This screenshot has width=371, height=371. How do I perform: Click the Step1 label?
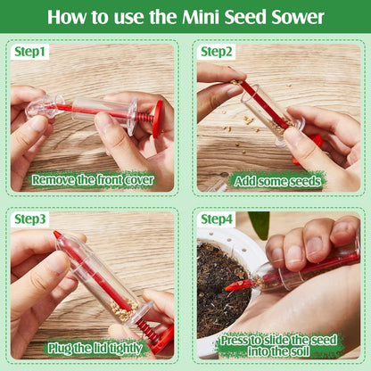pos(29,52)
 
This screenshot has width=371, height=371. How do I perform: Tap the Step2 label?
pos(217,52)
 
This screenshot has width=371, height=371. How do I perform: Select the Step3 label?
pos(29,219)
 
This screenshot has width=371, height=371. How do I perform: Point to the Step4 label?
pos(217,219)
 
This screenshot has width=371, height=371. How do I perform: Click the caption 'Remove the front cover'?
pos(92,179)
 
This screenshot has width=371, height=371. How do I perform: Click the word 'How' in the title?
pos(70,17)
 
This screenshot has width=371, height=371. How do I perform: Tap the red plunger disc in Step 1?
pos(158,119)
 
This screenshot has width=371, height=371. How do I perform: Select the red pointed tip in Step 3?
pos(57,235)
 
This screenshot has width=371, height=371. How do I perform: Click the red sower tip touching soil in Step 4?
pos(234,285)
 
